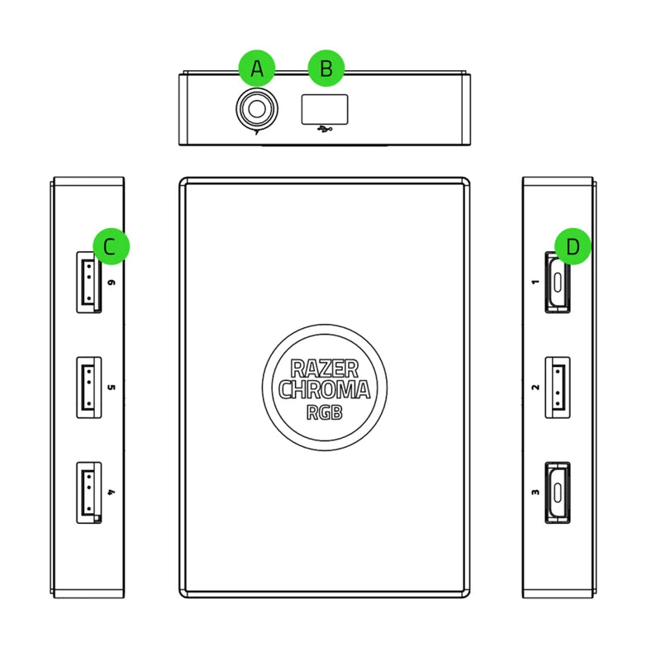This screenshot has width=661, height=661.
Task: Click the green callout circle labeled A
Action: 256,69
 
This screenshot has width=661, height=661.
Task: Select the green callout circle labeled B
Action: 326,69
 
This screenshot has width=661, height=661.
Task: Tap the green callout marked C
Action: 112,246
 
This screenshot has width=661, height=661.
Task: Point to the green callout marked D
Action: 573,246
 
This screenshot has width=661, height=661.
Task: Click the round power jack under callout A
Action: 254,108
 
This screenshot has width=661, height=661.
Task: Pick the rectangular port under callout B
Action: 324,109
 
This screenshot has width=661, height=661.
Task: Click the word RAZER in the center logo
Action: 324,369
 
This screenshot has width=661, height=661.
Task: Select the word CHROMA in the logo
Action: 324,390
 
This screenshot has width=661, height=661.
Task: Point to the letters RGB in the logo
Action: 324,411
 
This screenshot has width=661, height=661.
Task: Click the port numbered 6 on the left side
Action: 88,283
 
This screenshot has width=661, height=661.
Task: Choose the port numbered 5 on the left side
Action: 88,387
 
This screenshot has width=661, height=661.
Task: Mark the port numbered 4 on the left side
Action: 88,492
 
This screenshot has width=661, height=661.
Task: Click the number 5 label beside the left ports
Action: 112,387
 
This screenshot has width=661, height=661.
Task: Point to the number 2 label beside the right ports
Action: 535,387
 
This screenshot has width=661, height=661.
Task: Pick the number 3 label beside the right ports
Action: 535,492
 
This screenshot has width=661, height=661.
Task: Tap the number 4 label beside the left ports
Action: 112,492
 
